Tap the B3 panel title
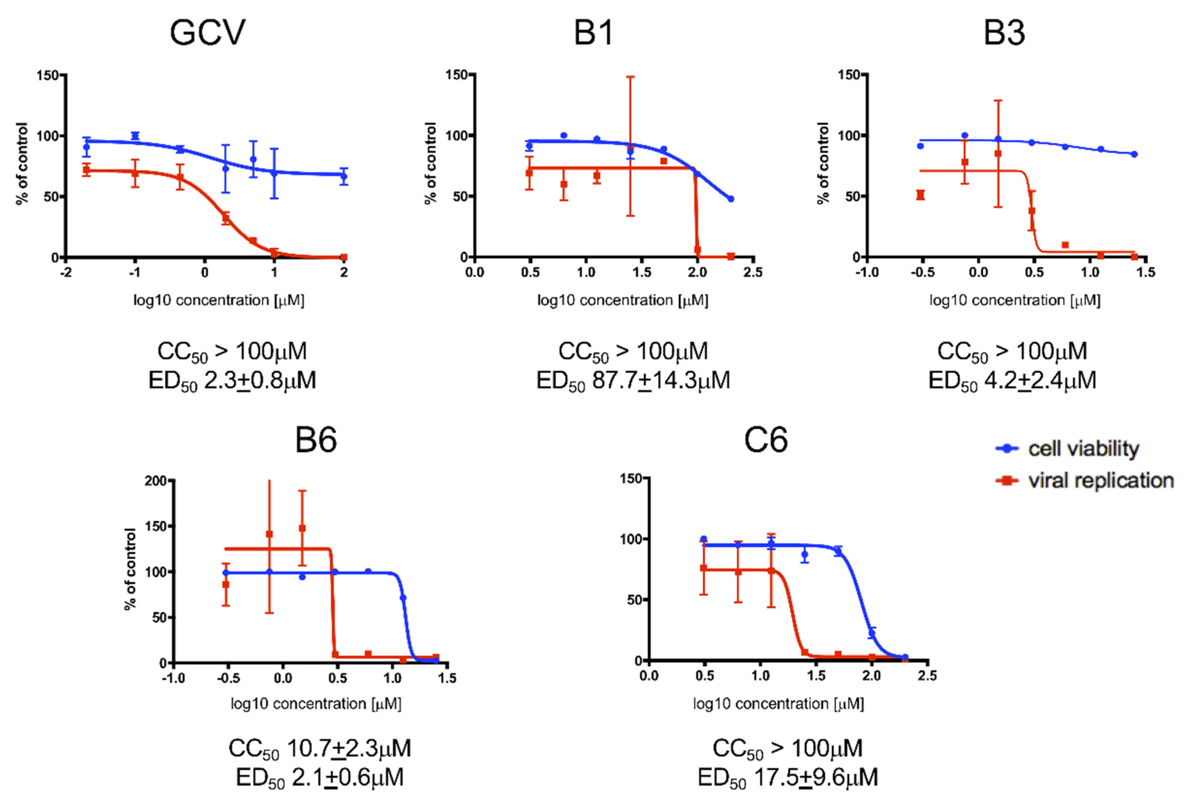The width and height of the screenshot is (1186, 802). [x=1004, y=33]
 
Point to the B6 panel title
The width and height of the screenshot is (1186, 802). [x=316, y=440]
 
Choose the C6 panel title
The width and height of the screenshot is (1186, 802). [x=765, y=440]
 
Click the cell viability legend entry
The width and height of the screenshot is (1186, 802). [x=1083, y=449]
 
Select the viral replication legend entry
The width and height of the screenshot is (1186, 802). [x=1100, y=481]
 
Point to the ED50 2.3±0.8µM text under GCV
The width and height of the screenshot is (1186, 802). [x=232, y=380]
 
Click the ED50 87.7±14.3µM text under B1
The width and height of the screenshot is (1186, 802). [x=633, y=380]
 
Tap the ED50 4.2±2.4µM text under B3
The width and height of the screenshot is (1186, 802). [x=1012, y=380]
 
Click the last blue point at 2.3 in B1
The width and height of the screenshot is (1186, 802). [x=731, y=199]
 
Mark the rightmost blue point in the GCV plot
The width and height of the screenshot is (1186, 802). [x=344, y=177]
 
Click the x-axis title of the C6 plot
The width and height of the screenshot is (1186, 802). [x=778, y=704]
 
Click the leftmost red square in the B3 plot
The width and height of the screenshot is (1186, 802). [x=921, y=195]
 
